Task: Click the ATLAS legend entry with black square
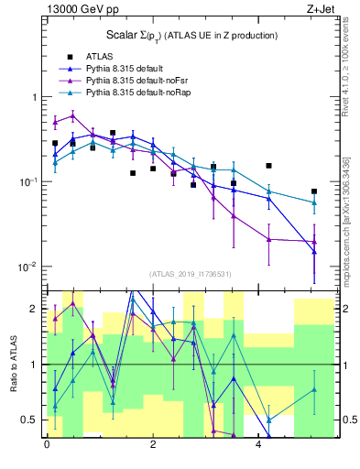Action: [95, 58]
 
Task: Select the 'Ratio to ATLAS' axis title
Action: [12, 364]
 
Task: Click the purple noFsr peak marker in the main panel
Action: [72, 115]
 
